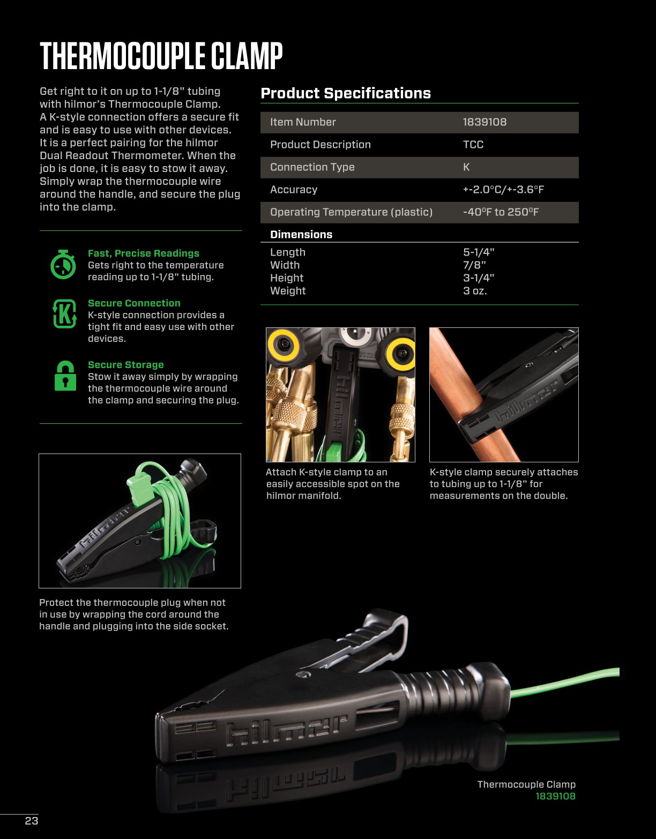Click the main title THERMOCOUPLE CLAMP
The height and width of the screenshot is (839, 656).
coord(161,56)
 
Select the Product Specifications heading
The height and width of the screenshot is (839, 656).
coord(346,93)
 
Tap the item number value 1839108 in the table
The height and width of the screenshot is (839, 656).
coord(484,122)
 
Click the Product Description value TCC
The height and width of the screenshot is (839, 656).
coord(473,145)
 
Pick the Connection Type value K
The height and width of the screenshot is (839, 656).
coord(466,167)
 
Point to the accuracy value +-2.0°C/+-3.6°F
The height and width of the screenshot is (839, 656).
coord(503,190)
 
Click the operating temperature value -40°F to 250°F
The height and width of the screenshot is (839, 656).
coord(501,212)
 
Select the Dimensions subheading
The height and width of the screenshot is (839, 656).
coord(301,235)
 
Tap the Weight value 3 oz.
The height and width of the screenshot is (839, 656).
coord(475,291)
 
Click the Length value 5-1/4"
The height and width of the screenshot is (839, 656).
coord(479,252)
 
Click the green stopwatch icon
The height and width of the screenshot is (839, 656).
coord(63,264)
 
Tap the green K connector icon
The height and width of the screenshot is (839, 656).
coord(64,313)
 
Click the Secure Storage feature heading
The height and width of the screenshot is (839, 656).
coord(126,365)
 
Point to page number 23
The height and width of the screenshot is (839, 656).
coord(32,821)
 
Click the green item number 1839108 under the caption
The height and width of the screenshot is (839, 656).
coord(555,796)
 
